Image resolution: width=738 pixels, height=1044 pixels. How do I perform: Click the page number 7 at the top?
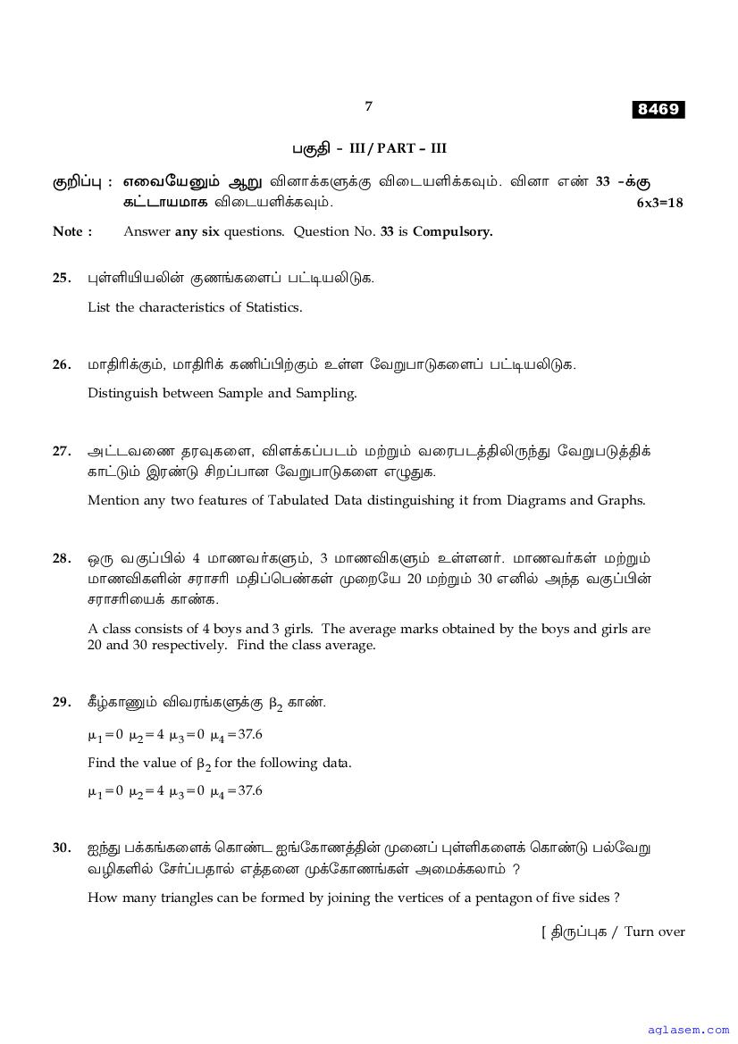pyautogui.click(x=368, y=106)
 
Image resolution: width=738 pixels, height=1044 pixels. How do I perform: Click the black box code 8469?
pyautogui.click(x=658, y=110)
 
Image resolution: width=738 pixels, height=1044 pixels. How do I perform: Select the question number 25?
pyautogui.click(x=61, y=278)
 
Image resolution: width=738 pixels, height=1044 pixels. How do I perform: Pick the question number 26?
pyautogui.click(x=61, y=364)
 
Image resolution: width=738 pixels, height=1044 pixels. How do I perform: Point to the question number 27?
pyautogui.click(x=61, y=451)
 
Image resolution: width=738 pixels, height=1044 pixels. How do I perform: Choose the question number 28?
pyautogui.click(x=61, y=558)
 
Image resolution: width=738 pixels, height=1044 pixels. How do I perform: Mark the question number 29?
pyautogui.click(x=61, y=702)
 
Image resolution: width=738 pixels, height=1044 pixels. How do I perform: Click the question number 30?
pyautogui.click(x=61, y=848)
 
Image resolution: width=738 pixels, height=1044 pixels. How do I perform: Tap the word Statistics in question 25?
pyautogui.click(x=270, y=307)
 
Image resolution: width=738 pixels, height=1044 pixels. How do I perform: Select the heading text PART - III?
pyautogui.click(x=410, y=148)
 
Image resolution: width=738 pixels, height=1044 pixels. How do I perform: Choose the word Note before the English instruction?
pyautogui.click(x=68, y=231)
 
